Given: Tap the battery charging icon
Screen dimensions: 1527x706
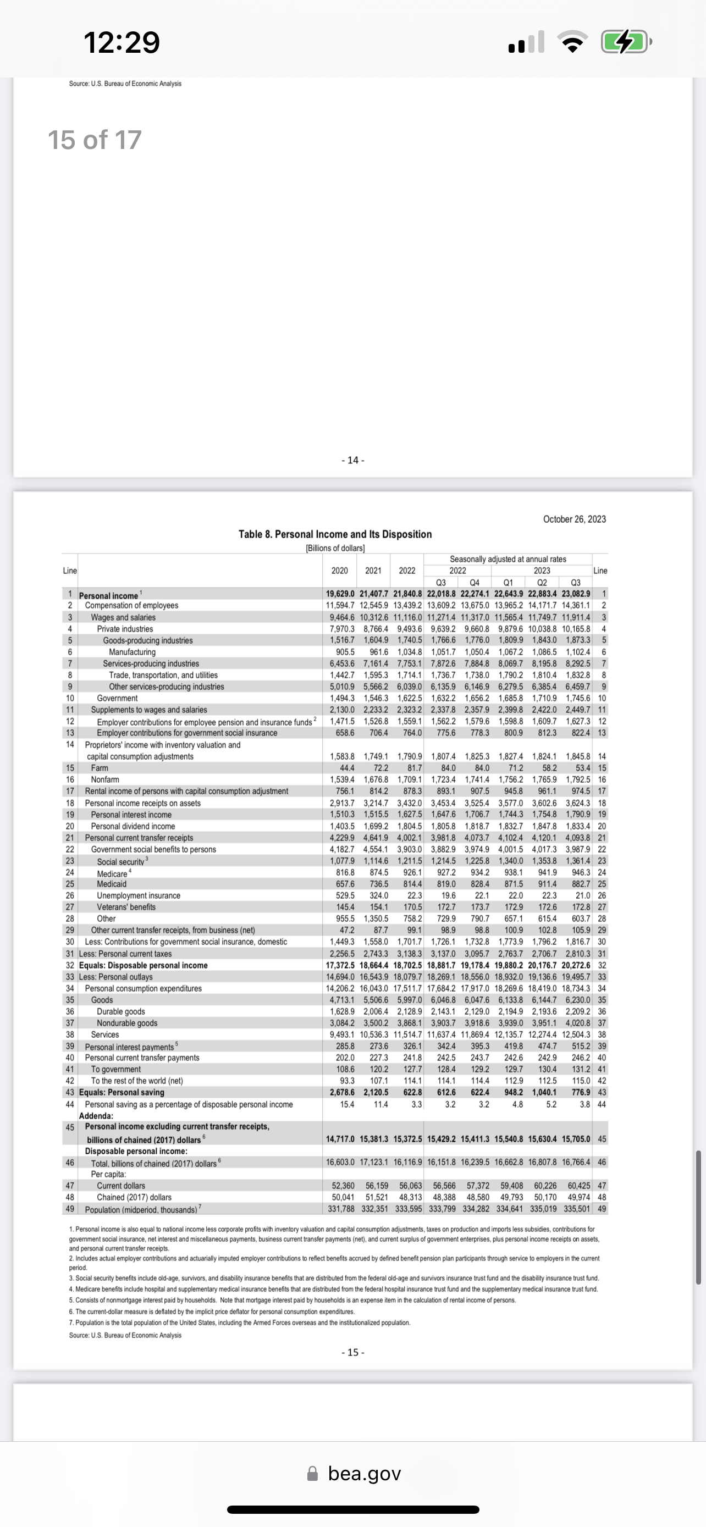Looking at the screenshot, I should [x=624, y=43].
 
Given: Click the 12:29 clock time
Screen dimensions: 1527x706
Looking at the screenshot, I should [x=122, y=43].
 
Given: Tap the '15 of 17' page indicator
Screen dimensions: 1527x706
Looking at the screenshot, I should [x=94, y=141].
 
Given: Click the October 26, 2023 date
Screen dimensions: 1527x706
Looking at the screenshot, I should [x=574, y=519].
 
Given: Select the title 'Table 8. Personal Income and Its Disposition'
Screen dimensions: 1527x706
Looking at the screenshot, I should [x=335, y=534].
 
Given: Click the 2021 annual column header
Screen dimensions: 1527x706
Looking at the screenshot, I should [x=373, y=570].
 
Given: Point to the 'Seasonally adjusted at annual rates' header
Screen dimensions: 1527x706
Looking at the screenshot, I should [x=508, y=559].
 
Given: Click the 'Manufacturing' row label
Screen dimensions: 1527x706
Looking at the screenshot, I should [x=132, y=652].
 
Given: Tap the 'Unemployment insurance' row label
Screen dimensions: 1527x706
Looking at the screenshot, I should [x=139, y=895].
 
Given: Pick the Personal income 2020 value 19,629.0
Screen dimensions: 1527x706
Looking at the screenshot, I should [x=340, y=594].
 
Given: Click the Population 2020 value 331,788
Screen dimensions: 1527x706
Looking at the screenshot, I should [x=341, y=1209].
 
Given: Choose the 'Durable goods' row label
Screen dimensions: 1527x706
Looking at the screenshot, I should [x=121, y=1011].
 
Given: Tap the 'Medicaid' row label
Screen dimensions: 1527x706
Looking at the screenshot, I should [x=112, y=884].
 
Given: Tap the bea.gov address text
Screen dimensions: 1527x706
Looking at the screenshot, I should [x=364, y=1474].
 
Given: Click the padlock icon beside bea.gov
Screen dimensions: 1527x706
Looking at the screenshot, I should [x=312, y=1474].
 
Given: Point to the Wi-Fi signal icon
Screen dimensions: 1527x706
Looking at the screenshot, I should [x=572, y=43].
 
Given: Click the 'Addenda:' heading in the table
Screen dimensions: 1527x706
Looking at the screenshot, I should [x=96, y=1116].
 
